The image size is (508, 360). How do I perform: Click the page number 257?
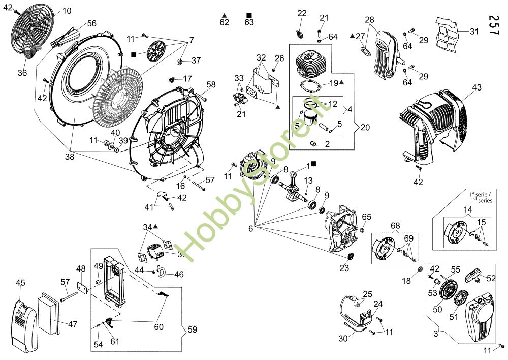[x=493, y=25]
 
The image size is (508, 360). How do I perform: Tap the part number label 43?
[x=477, y=87]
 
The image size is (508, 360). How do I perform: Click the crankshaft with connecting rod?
[x=296, y=187]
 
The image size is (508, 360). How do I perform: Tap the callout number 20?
[x=365, y=128]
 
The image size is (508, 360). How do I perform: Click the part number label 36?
[x=22, y=73]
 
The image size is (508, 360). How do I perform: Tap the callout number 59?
[x=193, y=329]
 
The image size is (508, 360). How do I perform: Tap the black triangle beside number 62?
[x=224, y=15]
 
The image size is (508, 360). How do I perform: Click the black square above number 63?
[x=249, y=15]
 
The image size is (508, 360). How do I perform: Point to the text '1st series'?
[x=481, y=200]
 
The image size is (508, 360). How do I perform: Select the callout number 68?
[x=396, y=225]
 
